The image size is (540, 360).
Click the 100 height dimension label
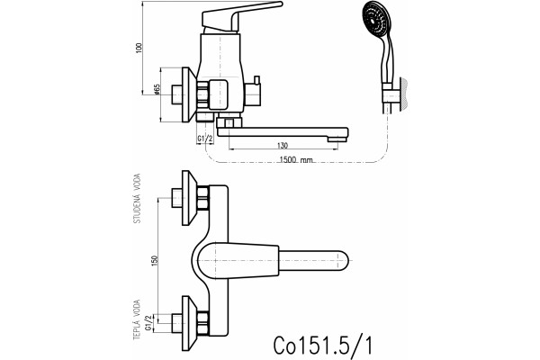[x=139, y=48]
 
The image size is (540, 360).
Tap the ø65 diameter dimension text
[x=157, y=89]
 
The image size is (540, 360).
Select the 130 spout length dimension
[x=282, y=146]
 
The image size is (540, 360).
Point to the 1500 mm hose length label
[x=296, y=160]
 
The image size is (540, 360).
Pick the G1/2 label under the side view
[x=205, y=139]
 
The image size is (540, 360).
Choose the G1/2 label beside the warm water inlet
[x=148, y=323]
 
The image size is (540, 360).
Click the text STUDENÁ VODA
[x=137, y=198]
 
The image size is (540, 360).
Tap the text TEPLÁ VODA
[x=137, y=320]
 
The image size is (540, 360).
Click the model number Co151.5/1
[x=323, y=345]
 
